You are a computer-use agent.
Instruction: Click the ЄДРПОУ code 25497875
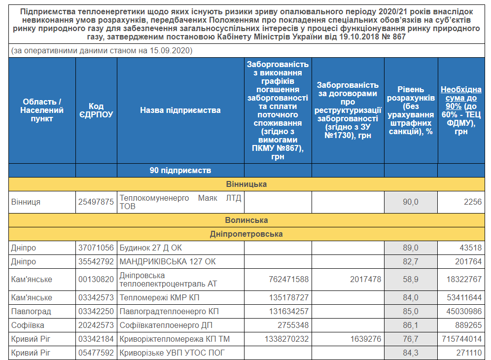click(96, 202)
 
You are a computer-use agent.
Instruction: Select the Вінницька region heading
click(246, 184)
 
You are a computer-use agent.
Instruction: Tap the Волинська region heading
click(246, 220)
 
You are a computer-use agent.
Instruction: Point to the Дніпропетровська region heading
click(246, 234)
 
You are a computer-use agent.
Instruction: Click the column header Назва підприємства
click(180, 110)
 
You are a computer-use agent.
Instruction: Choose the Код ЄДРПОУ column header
click(96, 110)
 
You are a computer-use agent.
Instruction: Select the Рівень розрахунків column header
click(411, 110)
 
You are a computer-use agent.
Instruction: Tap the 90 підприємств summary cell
click(180, 171)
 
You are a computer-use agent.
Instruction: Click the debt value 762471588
click(289, 280)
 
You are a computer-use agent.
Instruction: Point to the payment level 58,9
click(410, 280)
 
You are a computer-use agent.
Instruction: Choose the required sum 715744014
click(461, 339)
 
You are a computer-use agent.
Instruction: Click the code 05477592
click(96, 353)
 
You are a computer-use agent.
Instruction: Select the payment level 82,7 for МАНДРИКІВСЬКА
click(410, 261)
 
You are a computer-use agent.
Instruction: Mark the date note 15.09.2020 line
click(102, 51)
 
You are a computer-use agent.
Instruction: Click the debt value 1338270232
click(286, 339)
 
